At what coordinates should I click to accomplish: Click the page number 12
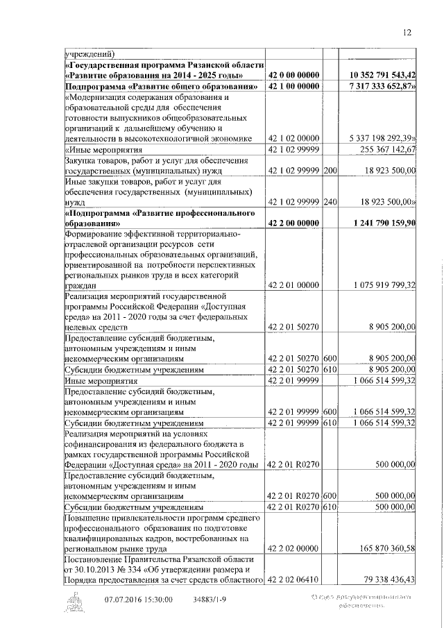tap(407, 32)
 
